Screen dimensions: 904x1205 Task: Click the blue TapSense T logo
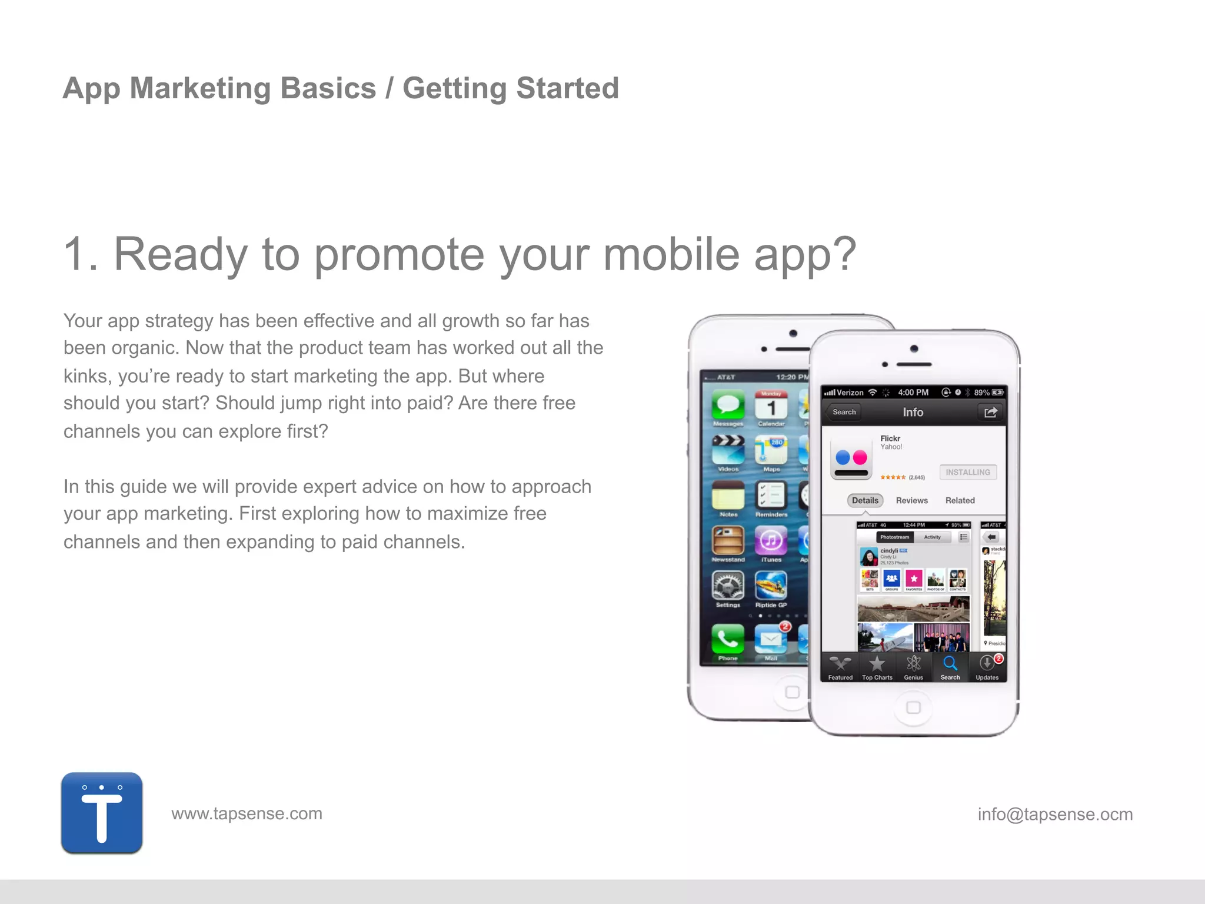click(x=102, y=813)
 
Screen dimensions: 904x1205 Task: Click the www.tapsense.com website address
click(x=247, y=813)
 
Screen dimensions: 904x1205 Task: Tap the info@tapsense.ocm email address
click(x=1054, y=814)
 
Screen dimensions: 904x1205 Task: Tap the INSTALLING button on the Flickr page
click(x=967, y=472)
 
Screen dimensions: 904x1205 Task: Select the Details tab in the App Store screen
click(x=865, y=500)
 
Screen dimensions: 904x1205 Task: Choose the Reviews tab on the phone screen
click(x=911, y=500)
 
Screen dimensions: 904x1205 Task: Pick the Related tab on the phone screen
click(x=960, y=500)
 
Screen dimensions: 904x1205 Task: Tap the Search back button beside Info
click(x=844, y=412)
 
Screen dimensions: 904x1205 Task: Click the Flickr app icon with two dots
click(x=851, y=458)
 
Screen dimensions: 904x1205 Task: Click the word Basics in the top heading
click(x=328, y=88)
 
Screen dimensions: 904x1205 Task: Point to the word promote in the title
click(x=399, y=254)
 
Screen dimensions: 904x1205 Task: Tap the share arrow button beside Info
click(x=990, y=412)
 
